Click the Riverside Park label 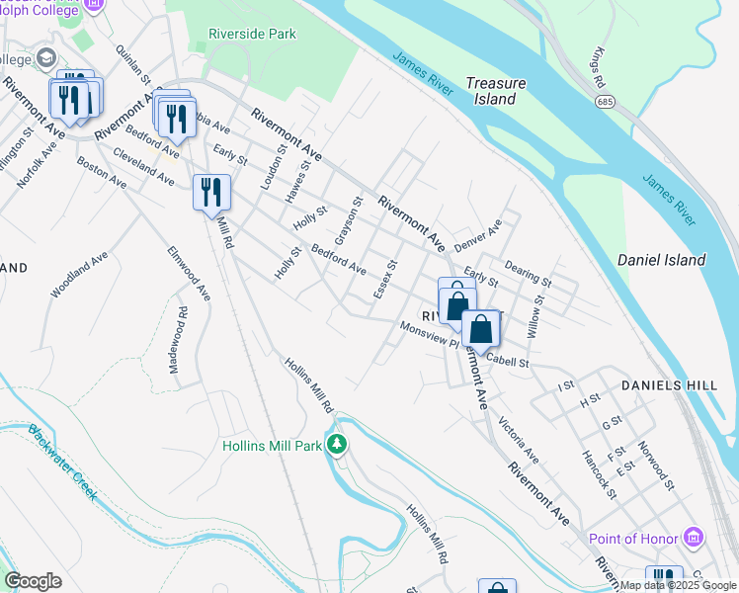pos(252,34)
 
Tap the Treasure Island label pos(495,91)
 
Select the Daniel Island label pos(661,260)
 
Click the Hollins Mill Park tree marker pos(337,445)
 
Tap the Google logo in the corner pos(33,581)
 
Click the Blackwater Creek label pos(61,462)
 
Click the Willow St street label pos(534,317)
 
